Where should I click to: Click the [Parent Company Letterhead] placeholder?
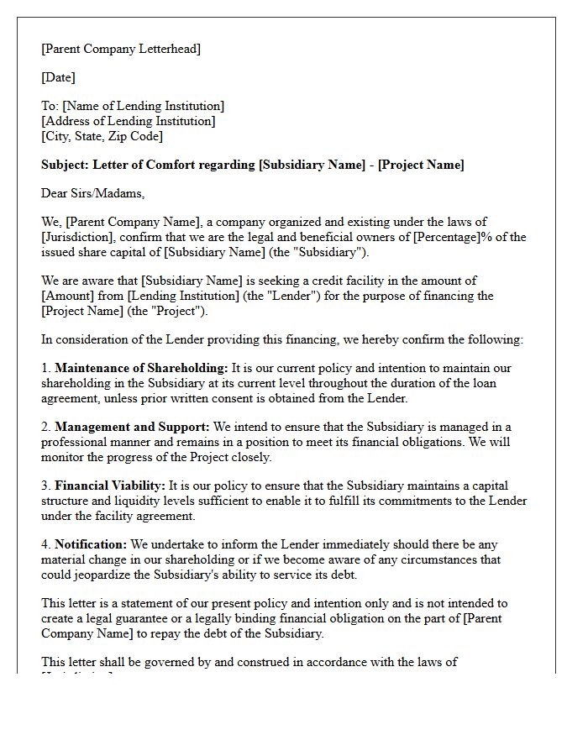[x=121, y=49]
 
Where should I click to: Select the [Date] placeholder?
[x=58, y=77]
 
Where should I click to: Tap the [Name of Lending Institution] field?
[x=144, y=106]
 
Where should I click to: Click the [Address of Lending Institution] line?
[x=129, y=121]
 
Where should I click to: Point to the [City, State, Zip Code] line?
[x=102, y=136]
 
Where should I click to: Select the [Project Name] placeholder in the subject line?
[x=421, y=165]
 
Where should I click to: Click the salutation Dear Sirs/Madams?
[x=92, y=193]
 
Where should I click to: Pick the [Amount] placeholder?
[x=69, y=296]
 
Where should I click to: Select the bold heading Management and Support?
[x=132, y=427]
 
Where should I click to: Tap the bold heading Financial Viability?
[x=110, y=486]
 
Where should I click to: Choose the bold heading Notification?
[x=91, y=544]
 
